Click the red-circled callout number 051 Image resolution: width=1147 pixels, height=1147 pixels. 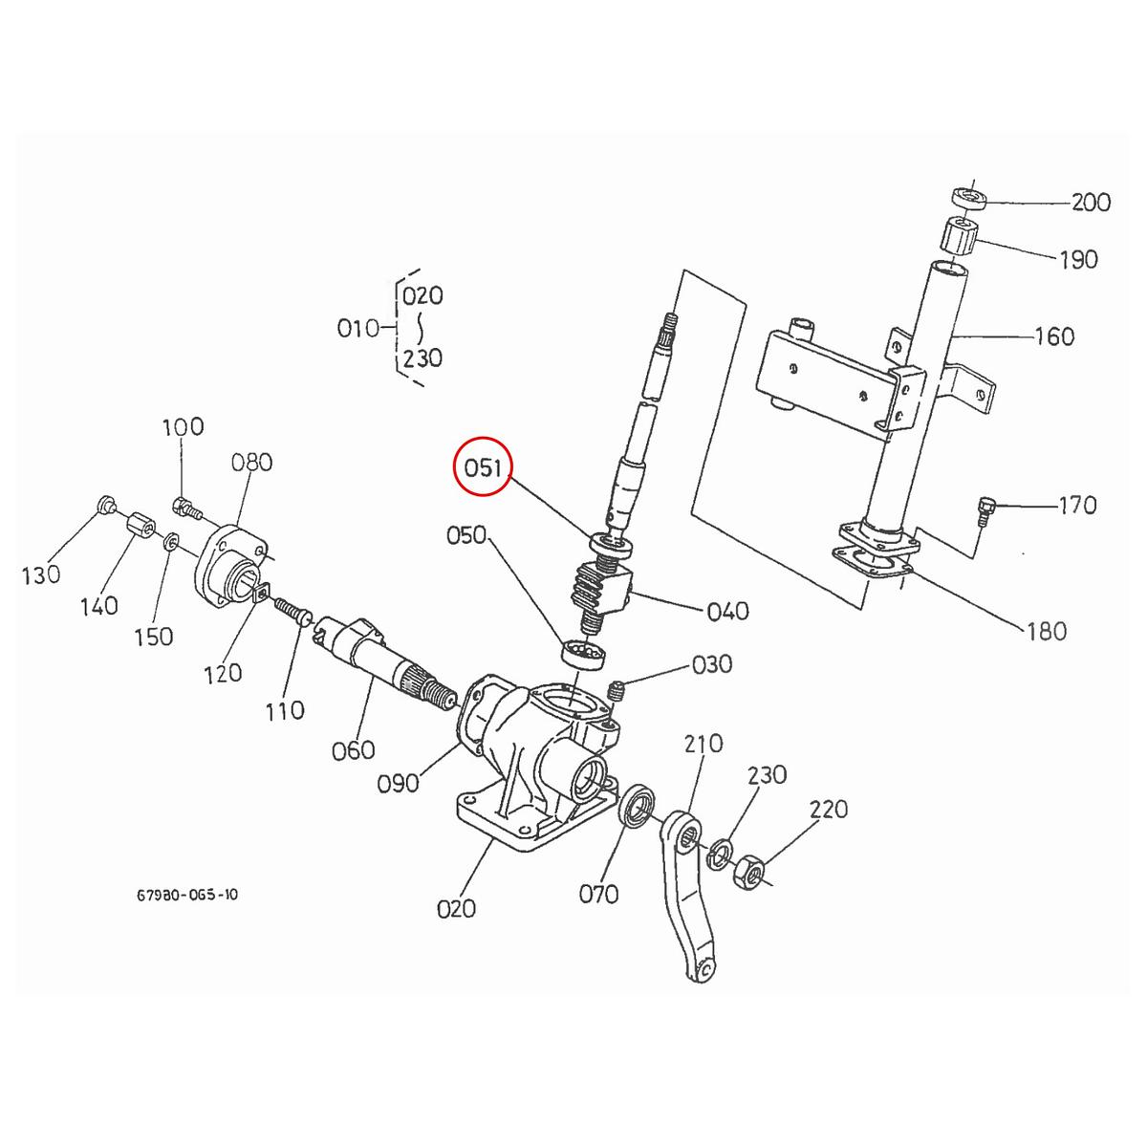click(484, 467)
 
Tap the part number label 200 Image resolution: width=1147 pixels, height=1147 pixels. click(1090, 203)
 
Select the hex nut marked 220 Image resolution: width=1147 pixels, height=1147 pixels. click(749, 871)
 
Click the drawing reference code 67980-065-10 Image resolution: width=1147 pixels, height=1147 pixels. click(187, 896)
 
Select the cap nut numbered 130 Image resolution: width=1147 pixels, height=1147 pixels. click(106, 506)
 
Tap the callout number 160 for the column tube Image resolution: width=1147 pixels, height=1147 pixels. click(1054, 336)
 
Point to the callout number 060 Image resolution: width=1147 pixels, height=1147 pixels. click(353, 750)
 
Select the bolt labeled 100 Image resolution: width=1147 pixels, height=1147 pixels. click(185, 506)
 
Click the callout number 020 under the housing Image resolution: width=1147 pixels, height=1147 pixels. click(456, 908)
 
